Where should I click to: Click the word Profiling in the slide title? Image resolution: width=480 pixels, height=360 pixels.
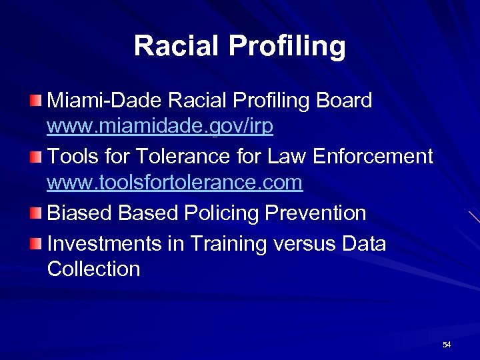(x=287, y=46)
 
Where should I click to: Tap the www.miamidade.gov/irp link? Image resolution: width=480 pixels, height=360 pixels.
(x=160, y=127)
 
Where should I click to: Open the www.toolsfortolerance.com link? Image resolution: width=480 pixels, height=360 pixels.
(x=175, y=182)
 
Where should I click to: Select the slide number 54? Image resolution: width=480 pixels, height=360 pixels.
(x=447, y=345)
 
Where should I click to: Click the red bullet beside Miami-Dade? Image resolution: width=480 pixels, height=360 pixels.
(x=35, y=101)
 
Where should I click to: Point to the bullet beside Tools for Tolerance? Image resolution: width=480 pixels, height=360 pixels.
(x=35, y=157)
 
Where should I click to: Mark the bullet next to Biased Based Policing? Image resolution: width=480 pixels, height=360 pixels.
(x=35, y=213)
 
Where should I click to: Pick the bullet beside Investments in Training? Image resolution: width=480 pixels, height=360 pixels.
(x=35, y=244)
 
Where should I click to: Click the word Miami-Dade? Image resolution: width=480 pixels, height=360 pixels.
(x=105, y=101)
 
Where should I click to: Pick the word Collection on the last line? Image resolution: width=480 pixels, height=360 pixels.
(x=94, y=269)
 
